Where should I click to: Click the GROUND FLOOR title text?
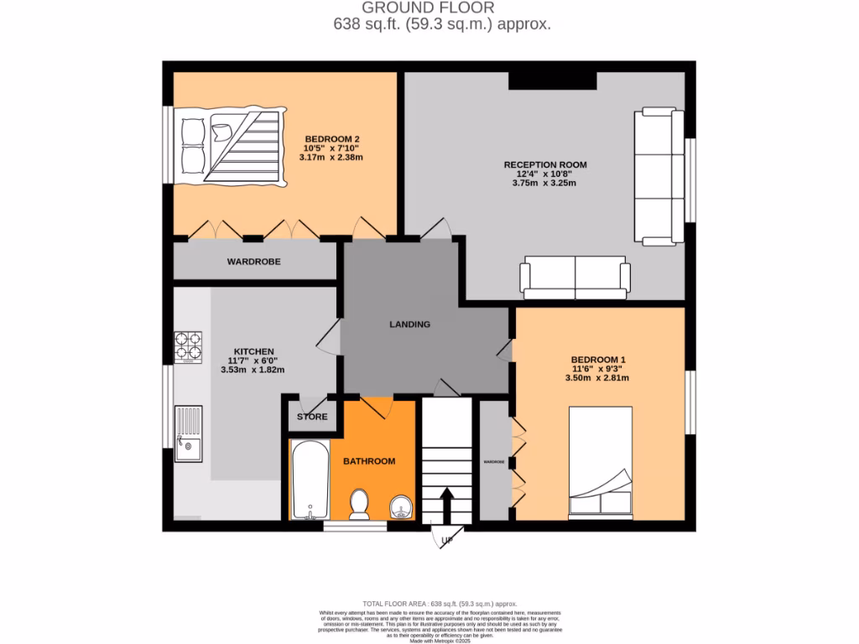[x=429, y=8]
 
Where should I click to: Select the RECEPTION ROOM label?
[x=544, y=164]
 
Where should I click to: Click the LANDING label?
[x=409, y=324]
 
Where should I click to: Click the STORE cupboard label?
[x=312, y=417]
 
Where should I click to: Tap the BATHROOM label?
[x=368, y=460]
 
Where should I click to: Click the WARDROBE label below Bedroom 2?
[x=253, y=262]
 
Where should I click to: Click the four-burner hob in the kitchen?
[x=188, y=345]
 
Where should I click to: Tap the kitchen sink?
[x=188, y=434]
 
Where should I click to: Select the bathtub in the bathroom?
[x=310, y=479]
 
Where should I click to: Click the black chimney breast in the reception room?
[x=552, y=80]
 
